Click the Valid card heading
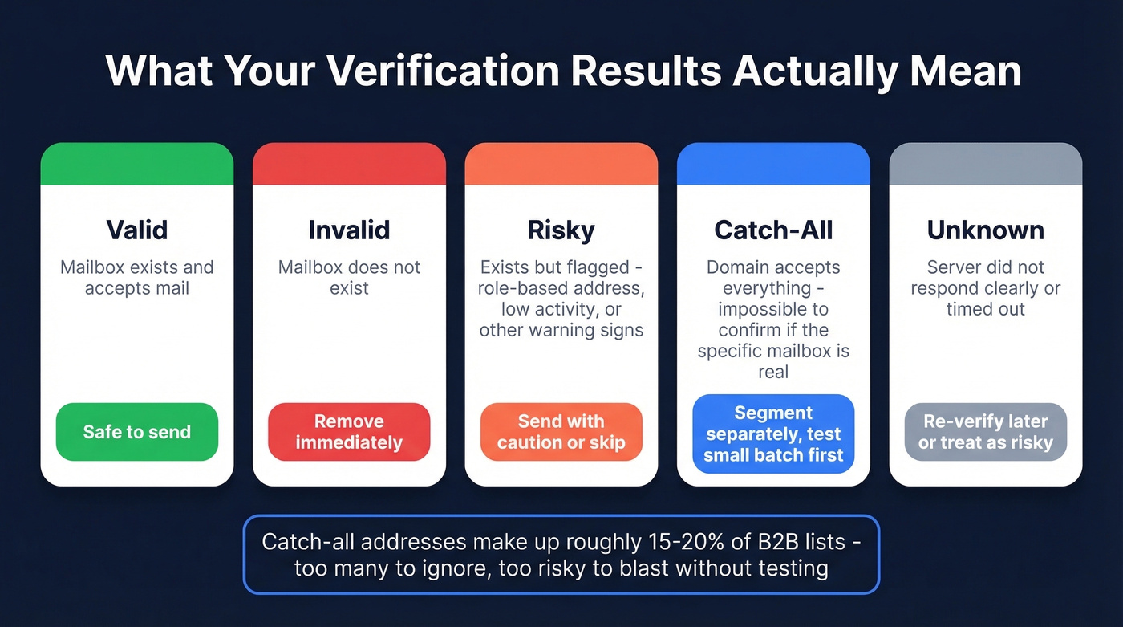pos(137,230)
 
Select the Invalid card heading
pos(349,230)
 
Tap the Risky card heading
pos(561,230)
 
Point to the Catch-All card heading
pos(773,230)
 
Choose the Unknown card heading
pos(986,230)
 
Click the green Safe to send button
pos(137,432)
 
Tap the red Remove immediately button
pos(349,432)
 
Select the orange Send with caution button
pos(561,432)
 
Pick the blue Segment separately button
pos(773,434)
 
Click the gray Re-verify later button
pos(986,432)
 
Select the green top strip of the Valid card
pos(137,164)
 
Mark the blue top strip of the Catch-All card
pos(773,164)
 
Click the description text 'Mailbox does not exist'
pos(349,278)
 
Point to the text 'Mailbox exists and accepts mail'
pos(137,278)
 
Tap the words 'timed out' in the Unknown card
pos(986,309)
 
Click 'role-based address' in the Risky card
pos(561,288)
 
